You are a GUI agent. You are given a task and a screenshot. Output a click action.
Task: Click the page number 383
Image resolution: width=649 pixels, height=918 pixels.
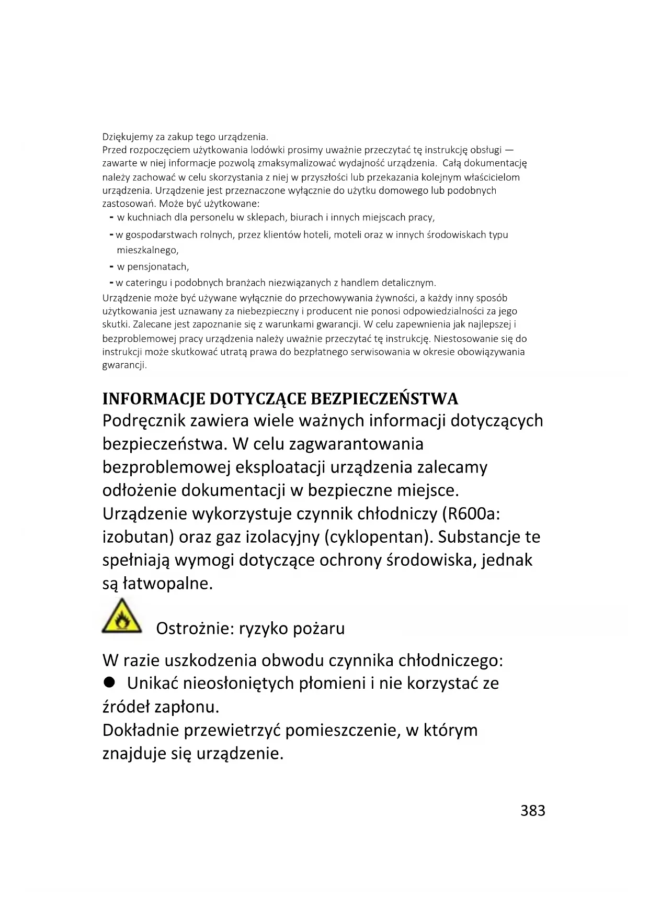pos(532,810)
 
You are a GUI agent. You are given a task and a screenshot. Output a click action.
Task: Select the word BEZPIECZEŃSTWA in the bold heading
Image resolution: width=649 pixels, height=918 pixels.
pos(384,399)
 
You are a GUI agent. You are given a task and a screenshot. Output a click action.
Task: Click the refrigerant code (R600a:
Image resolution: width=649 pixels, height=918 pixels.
pos(471,513)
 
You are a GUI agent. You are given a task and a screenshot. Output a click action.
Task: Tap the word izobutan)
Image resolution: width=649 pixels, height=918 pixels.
pos(138,537)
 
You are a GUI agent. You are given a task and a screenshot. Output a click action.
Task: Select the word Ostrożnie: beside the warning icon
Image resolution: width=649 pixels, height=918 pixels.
pos(195,628)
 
